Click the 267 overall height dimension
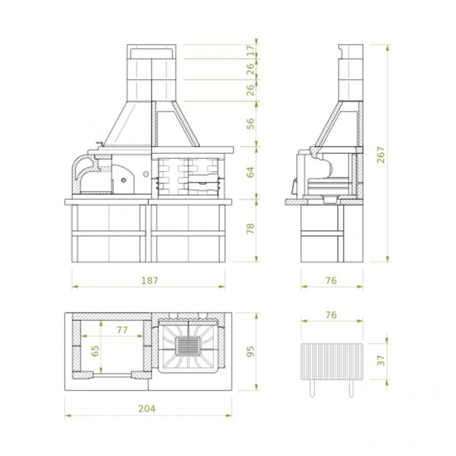[381, 155]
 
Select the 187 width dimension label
[150, 280]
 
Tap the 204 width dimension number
[147, 409]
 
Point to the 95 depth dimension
[250, 351]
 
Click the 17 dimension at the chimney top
[250, 51]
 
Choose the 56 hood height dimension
[250, 124]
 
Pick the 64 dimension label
[250, 172]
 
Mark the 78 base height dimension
[250, 229]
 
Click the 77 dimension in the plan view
[122, 330]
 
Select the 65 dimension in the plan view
[95, 351]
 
